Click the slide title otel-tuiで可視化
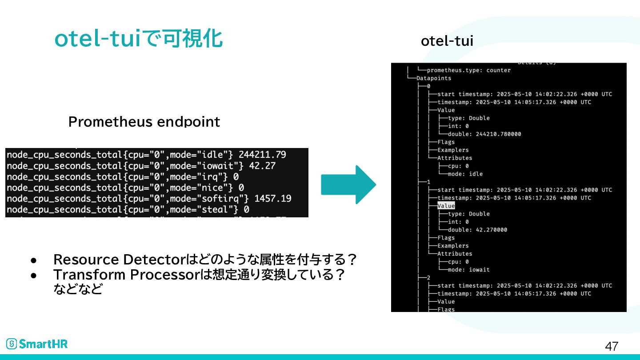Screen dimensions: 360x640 point(138,39)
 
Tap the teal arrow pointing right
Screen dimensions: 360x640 point(348,184)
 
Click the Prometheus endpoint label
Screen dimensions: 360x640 point(144,122)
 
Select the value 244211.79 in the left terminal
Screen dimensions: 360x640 point(262,155)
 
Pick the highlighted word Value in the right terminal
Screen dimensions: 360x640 point(446,206)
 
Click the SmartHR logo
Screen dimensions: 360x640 point(37,344)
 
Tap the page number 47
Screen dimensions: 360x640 point(612,346)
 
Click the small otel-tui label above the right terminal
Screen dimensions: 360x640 point(447,41)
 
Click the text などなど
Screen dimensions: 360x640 point(78,289)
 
